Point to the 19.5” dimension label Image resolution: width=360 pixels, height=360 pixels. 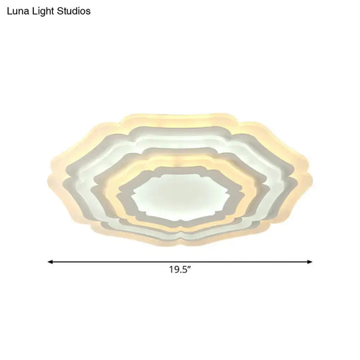click(181, 271)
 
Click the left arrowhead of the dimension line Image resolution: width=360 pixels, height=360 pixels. click(50, 262)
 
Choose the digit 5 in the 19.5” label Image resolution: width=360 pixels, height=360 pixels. click(186, 271)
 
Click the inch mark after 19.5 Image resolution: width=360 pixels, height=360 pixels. click(191, 269)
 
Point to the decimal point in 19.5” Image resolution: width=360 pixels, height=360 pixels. click(181, 273)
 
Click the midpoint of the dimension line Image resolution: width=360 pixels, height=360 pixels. click(180, 262)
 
